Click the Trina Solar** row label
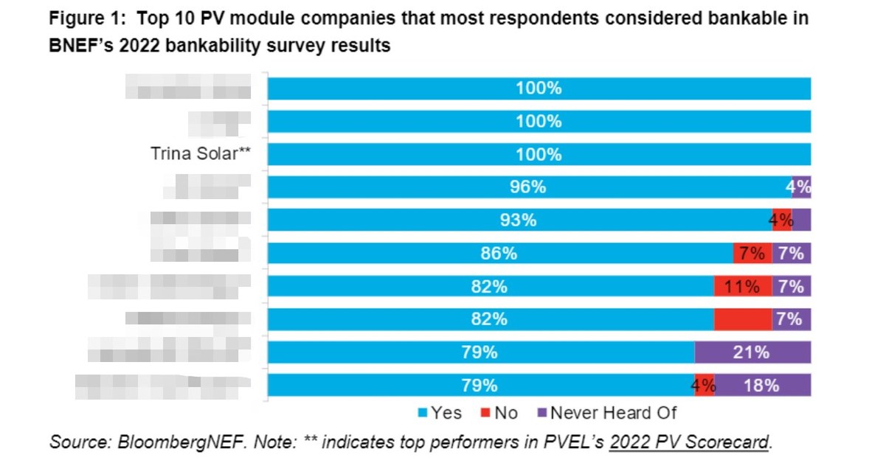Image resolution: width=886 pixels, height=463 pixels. tap(200, 154)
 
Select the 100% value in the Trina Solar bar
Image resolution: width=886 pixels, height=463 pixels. tap(539, 154)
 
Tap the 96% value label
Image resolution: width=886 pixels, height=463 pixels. tap(528, 187)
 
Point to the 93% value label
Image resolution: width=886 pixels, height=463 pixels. tap(517, 220)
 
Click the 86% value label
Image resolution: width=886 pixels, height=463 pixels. tap(499, 253)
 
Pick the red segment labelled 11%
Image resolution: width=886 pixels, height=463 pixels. tap(742, 286)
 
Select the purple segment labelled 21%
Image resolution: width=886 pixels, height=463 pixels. tap(752, 352)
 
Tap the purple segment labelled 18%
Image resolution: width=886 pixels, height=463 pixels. tap(762, 385)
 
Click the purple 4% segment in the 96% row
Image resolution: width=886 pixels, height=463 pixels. tap(800, 187)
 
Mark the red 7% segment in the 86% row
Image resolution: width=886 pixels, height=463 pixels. tap(752, 253)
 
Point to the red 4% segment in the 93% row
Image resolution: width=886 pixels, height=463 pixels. tap(781, 220)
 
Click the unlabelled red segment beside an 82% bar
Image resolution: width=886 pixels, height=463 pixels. tap(742, 319)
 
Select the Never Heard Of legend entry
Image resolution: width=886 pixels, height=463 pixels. tap(607, 413)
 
